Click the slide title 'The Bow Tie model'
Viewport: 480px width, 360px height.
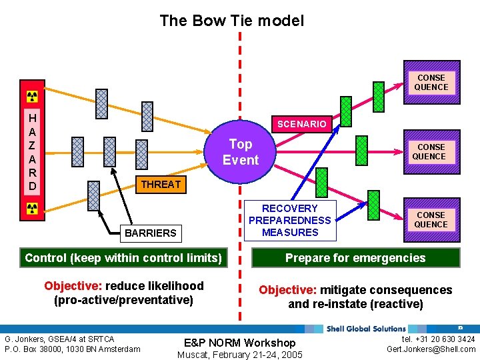pos(231,21)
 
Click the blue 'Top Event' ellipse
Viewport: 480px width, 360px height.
pos(240,152)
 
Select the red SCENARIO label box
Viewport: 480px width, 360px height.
pos(302,124)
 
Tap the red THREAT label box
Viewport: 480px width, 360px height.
pos(161,184)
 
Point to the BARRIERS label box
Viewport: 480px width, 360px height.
pos(151,233)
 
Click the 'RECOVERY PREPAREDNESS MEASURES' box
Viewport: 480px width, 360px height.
pos(290,221)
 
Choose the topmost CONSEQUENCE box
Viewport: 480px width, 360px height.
pos(431,83)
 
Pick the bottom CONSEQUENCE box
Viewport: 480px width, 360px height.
pos(431,220)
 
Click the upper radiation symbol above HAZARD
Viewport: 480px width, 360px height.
pos(32,94)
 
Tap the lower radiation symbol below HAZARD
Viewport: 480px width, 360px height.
pos(32,209)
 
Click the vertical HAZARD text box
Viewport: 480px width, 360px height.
pos(32,152)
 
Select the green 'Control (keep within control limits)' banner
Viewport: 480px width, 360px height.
pos(123,258)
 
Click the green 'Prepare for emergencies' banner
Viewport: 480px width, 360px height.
pos(355,258)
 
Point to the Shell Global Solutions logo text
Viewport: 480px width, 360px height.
pos(366,329)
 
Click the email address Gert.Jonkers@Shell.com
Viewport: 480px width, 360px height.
pos(431,349)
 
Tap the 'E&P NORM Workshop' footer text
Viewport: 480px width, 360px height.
pos(239,343)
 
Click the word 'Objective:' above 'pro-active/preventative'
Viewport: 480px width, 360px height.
pos(73,286)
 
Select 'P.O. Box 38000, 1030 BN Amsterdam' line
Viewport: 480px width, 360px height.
pos(72,349)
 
